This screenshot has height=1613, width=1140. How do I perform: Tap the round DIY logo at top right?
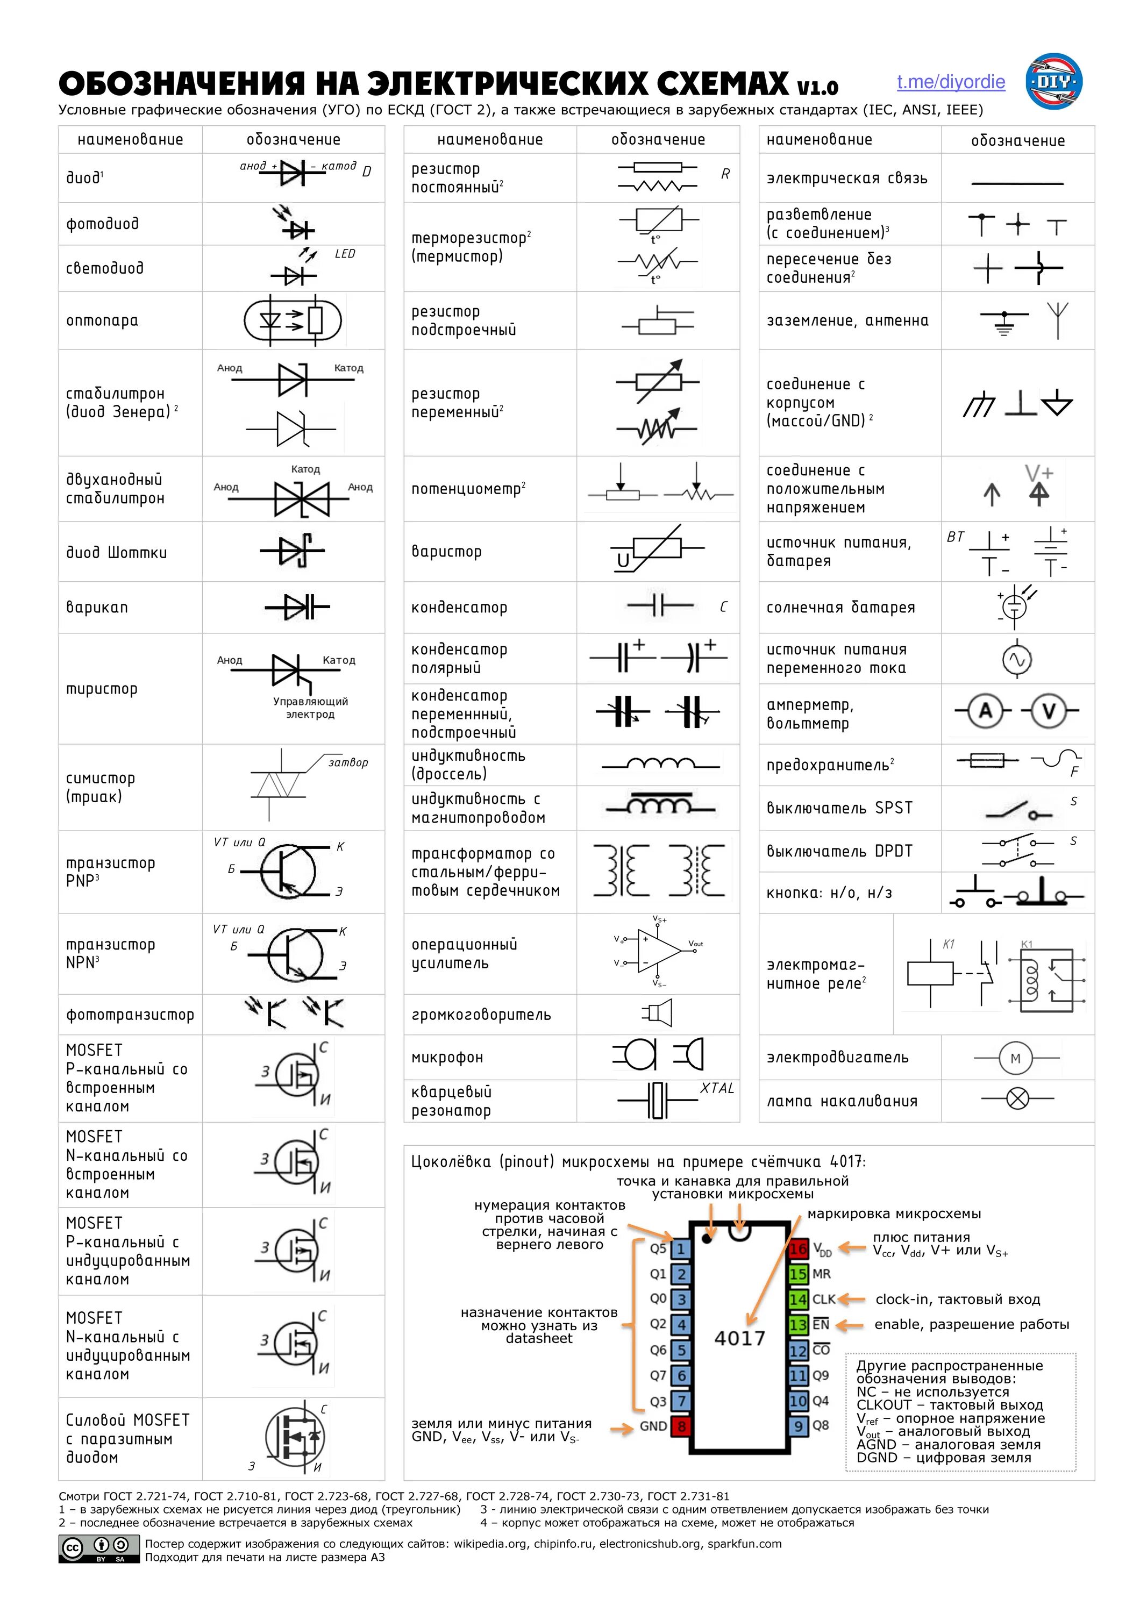point(1053,82)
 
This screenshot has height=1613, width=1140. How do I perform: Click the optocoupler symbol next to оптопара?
point(292,321)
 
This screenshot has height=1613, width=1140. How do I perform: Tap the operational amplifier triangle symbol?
point(658,951)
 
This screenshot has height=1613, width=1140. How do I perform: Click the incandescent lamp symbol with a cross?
point(1017,1099)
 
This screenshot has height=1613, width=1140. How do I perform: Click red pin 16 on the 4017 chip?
point(797,1249)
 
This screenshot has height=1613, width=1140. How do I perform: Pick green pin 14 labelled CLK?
point(797,1300)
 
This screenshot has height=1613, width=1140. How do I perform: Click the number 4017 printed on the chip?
point(739,1338)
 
